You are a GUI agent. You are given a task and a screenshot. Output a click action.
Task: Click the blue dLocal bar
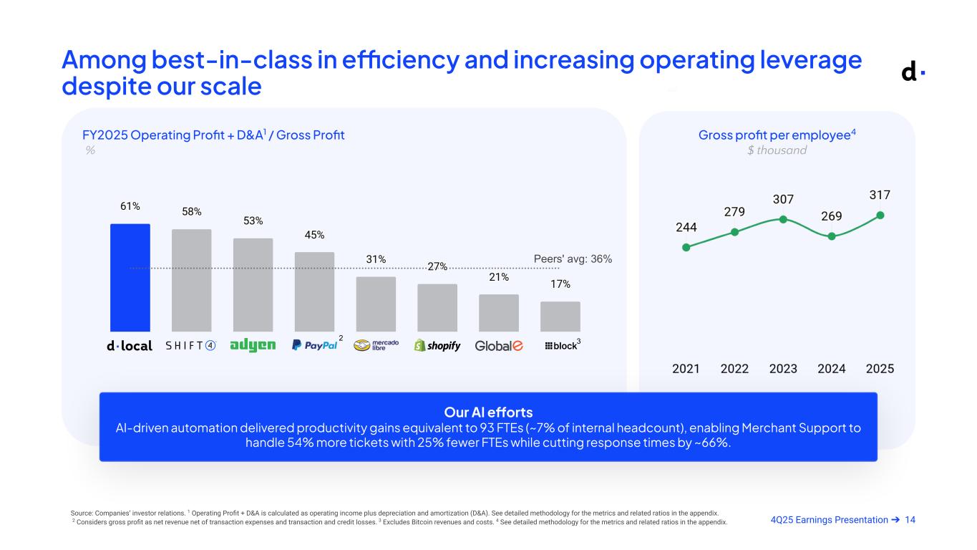pos(130,277)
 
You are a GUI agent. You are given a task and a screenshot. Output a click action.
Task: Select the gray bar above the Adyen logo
pos(253,284)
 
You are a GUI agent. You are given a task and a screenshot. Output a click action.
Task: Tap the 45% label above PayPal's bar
pos(314,235)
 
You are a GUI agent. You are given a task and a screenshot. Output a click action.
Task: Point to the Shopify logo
pos(437,346)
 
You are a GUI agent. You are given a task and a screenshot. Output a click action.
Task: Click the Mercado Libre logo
pos(376,345)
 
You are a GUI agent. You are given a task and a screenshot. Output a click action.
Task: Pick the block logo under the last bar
pos(561,346)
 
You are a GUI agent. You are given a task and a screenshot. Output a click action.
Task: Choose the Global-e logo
pos(499,346)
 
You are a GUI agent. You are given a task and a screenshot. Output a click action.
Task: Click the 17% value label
pos(560,284)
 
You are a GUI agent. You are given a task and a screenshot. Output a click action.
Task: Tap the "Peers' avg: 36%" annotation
pos(573,259)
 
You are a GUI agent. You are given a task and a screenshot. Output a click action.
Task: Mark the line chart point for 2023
pos(783,219)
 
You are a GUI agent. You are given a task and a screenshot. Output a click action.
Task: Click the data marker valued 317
pos(880,215)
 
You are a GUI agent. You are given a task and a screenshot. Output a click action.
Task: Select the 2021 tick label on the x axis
pos(686,369)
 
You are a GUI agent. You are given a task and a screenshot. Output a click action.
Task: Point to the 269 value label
pos(831,216)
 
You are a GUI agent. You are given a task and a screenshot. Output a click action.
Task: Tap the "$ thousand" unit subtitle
pos(777,150)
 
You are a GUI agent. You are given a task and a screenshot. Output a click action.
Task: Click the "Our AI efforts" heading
pos(488,412)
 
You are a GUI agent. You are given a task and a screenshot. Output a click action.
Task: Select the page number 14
pos(910,520)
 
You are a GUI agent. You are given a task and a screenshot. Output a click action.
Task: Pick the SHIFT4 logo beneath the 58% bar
pos(191,346)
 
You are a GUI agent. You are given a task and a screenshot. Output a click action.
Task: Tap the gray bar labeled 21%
pos(499,312)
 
